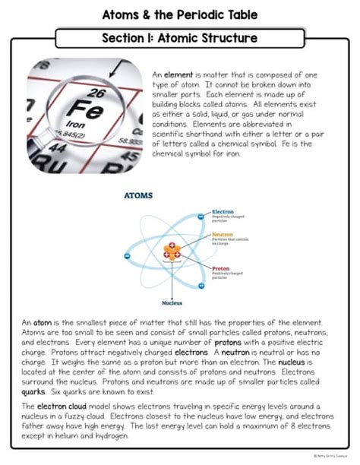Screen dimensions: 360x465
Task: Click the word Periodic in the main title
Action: (195, 14)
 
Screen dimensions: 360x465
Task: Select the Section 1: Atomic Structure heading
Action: (180, 37)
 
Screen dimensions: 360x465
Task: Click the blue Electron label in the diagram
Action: (223, 211)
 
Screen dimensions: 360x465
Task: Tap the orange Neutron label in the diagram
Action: (223, 235)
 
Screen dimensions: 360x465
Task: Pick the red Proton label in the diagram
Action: (221, 268)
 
